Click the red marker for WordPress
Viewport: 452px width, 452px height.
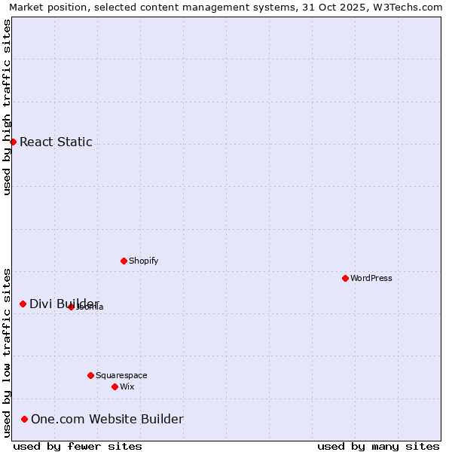click(x=345, y=278)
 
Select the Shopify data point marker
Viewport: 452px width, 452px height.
click(x=124, y=261)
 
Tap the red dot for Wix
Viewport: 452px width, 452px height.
click(x=115, y=386)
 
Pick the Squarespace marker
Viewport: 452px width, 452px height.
click(x=90, y=375)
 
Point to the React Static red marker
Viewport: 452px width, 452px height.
click(x=13, y=142)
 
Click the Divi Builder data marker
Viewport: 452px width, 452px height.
click(x=23, y=304)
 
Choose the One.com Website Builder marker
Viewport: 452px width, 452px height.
click(x=24, y=419)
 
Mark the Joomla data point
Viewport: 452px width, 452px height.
click(x=71, y=307)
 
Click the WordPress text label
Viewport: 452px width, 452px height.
click(x=371, y=278)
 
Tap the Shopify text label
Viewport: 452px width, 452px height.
click(x=144, y=261)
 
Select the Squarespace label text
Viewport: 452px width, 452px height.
click(x=121, y=375)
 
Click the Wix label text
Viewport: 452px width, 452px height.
click(x=127, y=386)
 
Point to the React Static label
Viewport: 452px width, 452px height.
click(x=56, y=142)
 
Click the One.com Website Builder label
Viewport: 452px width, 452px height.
click(x=107, y=419)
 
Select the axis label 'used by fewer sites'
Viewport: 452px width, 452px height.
click(x=78, y=446)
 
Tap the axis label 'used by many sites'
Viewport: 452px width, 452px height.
click(x=378, y=446)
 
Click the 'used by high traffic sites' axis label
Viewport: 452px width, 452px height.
click(x=7, y=107)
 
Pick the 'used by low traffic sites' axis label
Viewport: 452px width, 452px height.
click(x=7, y=352)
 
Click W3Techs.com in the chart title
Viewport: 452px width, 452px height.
click(x=407, y=7)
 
